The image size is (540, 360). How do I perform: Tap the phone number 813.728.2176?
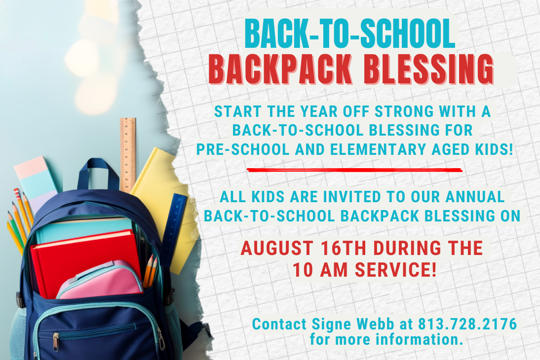467,324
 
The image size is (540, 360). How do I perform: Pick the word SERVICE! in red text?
396,269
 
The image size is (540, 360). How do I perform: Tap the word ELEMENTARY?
378,149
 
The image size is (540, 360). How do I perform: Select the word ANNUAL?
475,197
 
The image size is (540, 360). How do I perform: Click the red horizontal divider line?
354,170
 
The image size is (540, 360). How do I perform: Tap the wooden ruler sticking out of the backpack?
128,155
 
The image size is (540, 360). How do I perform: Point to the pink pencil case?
100,281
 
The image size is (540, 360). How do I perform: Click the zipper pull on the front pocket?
56,342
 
